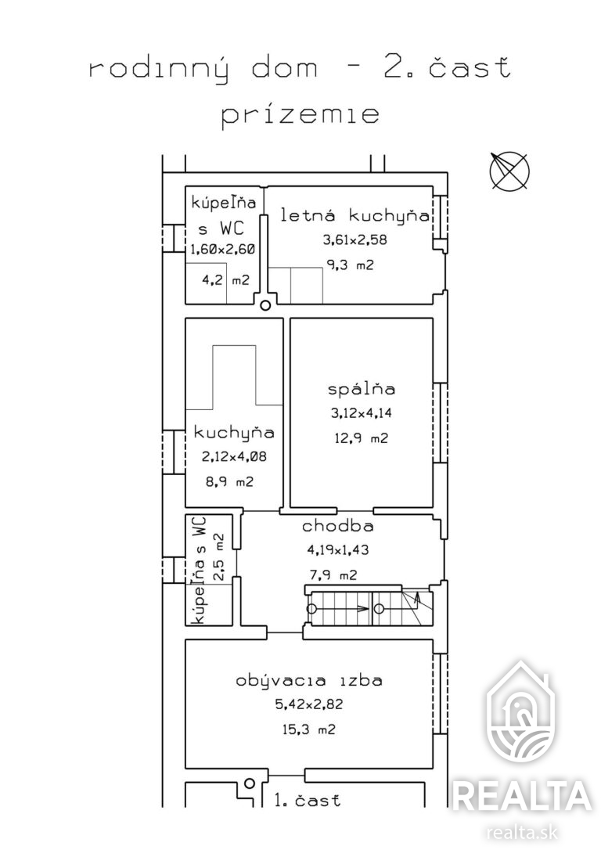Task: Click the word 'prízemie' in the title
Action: coord(300,116)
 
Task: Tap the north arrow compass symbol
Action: coord(509,171)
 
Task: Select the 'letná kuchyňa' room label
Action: coord(355,215)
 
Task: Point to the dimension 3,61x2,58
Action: coord(355,240)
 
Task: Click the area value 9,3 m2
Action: coord(350,265)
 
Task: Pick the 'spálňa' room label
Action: coord(362,389)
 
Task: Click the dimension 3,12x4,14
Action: coord(362,413)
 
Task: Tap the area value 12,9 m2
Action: coord(361,438)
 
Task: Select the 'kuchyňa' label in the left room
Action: coord(234,433)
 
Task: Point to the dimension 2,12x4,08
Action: coord(234,457)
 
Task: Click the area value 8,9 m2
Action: coord(229,481)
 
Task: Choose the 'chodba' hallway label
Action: coord(337,526)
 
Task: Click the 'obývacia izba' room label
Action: coord(309,680)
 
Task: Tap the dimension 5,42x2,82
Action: coord(309,704)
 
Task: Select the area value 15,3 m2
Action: coord(308,729)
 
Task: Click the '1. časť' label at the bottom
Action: coord(308,800)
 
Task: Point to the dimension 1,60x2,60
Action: coord(222,250)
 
